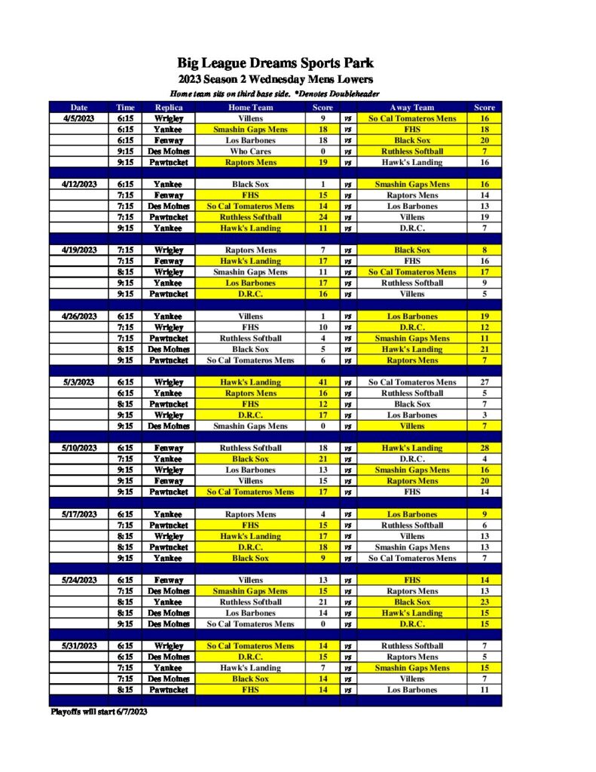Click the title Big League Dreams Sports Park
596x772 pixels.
click(275, 63)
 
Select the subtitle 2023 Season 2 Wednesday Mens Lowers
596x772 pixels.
click(275, 79)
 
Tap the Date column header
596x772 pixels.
click(78, 107)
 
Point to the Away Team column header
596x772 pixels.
click(412, 107)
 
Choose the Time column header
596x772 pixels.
click(125, 107)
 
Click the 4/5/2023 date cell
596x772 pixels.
click(78, 118)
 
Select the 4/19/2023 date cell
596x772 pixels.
click(78, 250)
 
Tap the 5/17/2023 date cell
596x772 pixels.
click(78, 514)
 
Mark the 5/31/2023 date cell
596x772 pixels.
click(78, 646)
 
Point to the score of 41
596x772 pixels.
click(322, 382)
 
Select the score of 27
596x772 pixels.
click(484, 382)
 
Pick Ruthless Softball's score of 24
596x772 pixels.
click(322, 217)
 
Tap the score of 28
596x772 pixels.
click(484, 448)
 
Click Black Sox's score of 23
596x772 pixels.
click(484, 602)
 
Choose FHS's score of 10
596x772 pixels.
click(322, 327)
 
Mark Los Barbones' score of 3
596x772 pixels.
click(484, 415)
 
